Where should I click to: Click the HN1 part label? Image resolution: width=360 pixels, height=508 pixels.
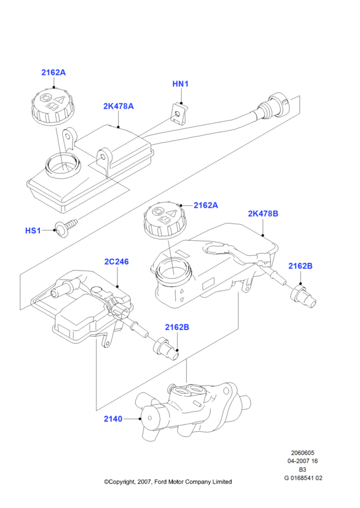[x=180, y=84]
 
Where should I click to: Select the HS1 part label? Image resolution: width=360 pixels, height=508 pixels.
[x=33, y=231]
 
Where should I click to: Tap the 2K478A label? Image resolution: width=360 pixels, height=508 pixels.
[x=118, y=106]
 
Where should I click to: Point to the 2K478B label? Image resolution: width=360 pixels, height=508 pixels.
[x=263, y=214]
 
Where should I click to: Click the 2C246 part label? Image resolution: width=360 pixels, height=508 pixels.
[x=116, y=262]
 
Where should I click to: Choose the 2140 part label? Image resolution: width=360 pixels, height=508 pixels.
[x=113, y=418]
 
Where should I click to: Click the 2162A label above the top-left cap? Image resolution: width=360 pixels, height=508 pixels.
[x=53, y=72]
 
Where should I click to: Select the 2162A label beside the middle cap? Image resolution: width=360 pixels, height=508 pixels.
[x=206, y=205]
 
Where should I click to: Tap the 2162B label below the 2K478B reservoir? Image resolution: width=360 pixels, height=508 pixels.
[x=300, y=266]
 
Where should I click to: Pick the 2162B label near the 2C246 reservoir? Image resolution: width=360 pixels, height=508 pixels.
[x=177, y=327]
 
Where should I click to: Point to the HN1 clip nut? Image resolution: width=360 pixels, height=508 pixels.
[x=179, y=113]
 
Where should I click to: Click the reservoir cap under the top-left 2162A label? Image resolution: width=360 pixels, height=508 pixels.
[x=53, y=106]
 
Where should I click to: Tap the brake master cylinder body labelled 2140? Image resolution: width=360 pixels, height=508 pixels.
[x=192, y=411]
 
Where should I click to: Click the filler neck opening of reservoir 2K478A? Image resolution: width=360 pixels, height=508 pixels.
[x=62, y=166]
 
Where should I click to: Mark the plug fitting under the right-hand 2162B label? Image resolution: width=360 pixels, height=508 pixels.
[x=303, y=296]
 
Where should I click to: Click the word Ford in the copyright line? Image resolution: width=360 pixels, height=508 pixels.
[x=161, y=482]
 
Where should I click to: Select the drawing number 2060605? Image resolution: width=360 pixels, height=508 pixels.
[x=303, y=453]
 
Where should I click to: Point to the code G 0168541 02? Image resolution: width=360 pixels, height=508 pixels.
[x=303, y=478]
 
